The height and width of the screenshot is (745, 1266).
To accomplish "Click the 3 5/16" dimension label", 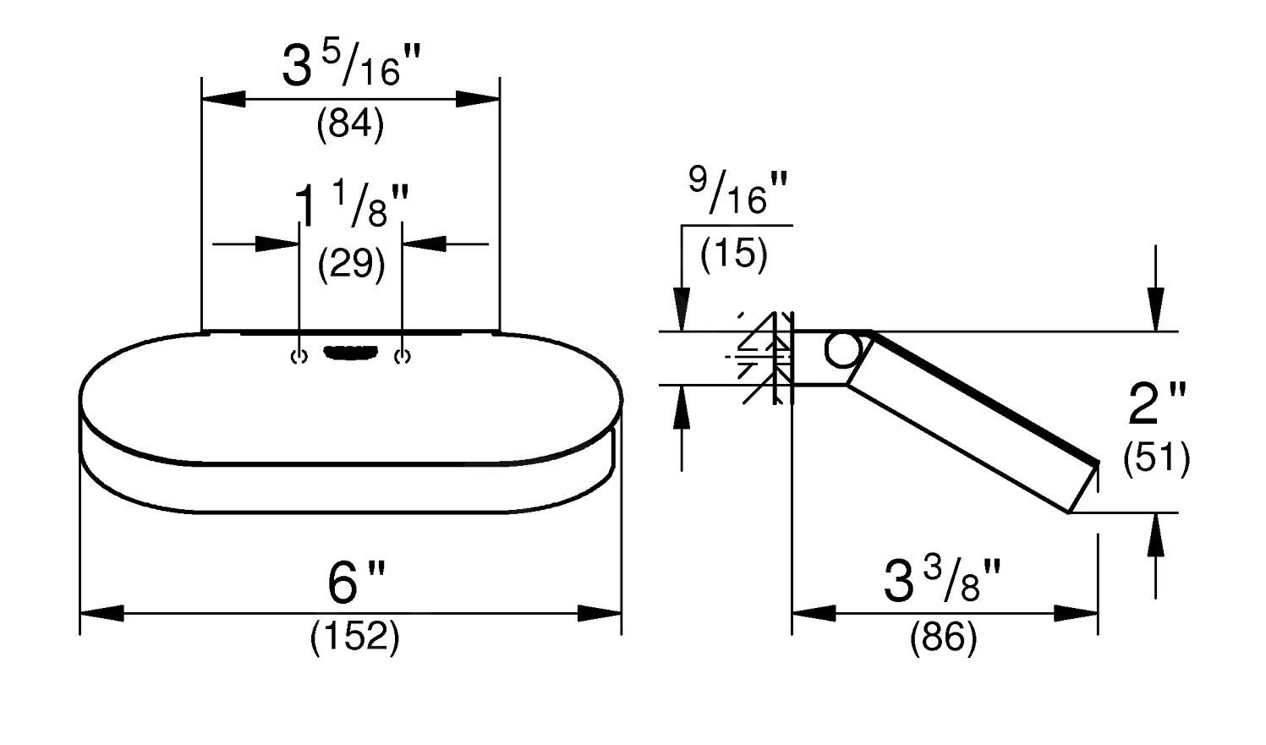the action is [x=352, y=66].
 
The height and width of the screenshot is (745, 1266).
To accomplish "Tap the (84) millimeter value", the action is [x=350, y=124].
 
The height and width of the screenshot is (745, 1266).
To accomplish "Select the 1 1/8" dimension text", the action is [x=351, y=205].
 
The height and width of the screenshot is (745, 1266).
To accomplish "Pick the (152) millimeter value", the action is [x=355, y=637].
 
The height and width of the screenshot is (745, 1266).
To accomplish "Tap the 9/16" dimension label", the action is [x=738, y=191].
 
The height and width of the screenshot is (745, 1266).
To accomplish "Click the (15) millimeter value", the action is [x=733, y=253].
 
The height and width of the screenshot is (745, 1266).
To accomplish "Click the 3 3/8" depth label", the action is [x=942, y=580].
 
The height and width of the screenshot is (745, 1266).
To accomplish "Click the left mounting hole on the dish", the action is [x=299, y=357].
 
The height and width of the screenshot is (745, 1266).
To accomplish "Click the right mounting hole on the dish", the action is [x=403, y=357].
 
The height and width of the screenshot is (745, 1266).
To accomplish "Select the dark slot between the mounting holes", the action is [x=350, y=352].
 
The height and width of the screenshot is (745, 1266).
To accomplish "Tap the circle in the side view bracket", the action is [x=842, y=349].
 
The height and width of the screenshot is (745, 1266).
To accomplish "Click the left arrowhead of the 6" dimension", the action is [x=101, y=613].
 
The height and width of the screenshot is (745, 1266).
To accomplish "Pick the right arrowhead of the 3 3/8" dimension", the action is [x=1076, y=613].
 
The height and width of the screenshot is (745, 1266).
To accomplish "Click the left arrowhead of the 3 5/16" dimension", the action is [x=224, y=99].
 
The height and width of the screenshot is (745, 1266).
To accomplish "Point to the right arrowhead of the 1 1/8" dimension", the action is [x=425, y=244].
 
